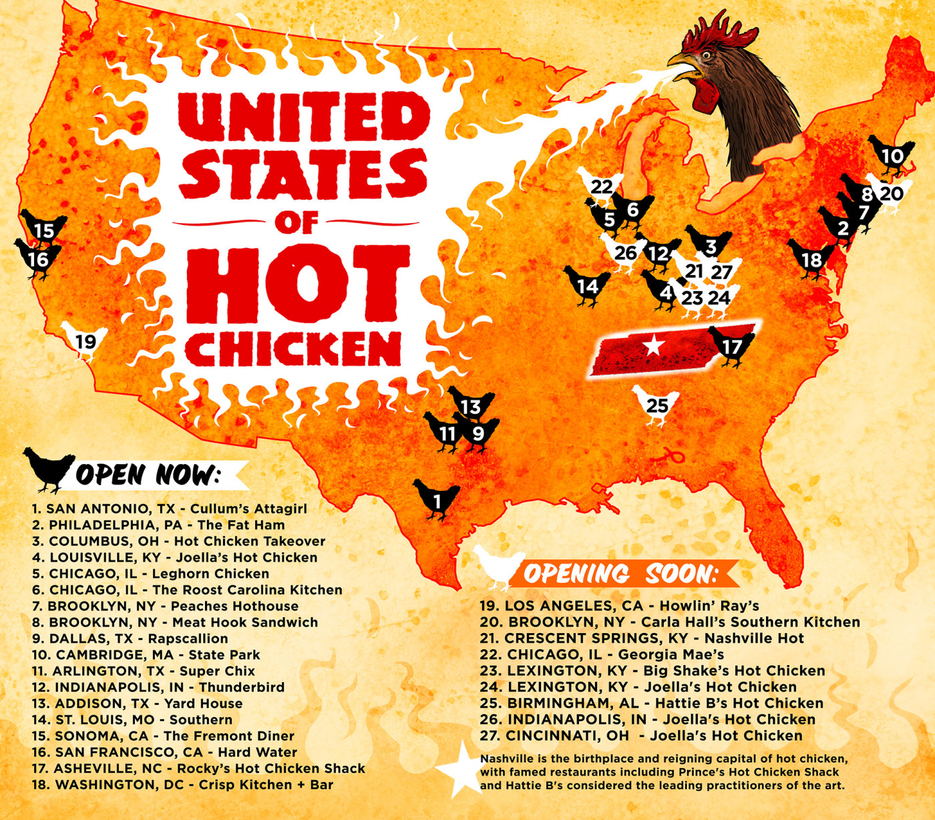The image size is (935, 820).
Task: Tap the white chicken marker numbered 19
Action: tap(85, 341)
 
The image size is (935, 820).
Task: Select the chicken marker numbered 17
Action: tap(732, 347)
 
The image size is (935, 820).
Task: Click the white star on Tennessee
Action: tap(653, 345)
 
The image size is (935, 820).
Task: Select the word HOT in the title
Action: tap(297, 283)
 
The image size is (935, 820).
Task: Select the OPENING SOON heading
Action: tap(620, 574)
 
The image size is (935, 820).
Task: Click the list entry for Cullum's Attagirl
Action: tap(170, 509)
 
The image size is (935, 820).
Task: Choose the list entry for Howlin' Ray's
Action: tap(619, 606)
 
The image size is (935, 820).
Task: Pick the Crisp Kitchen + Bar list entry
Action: tap(182, 785)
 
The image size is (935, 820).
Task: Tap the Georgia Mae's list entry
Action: tap(602, 654)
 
